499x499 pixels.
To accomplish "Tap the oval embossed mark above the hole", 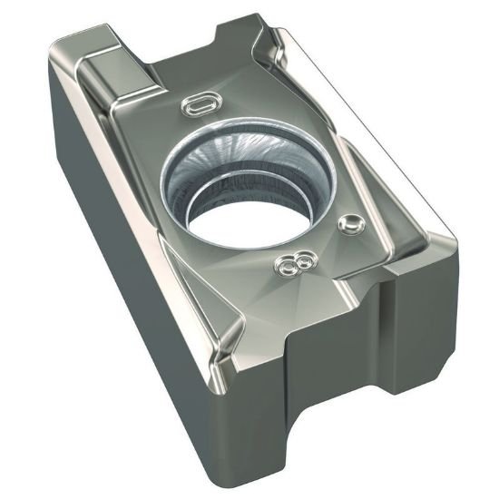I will [x=199, y=105].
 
